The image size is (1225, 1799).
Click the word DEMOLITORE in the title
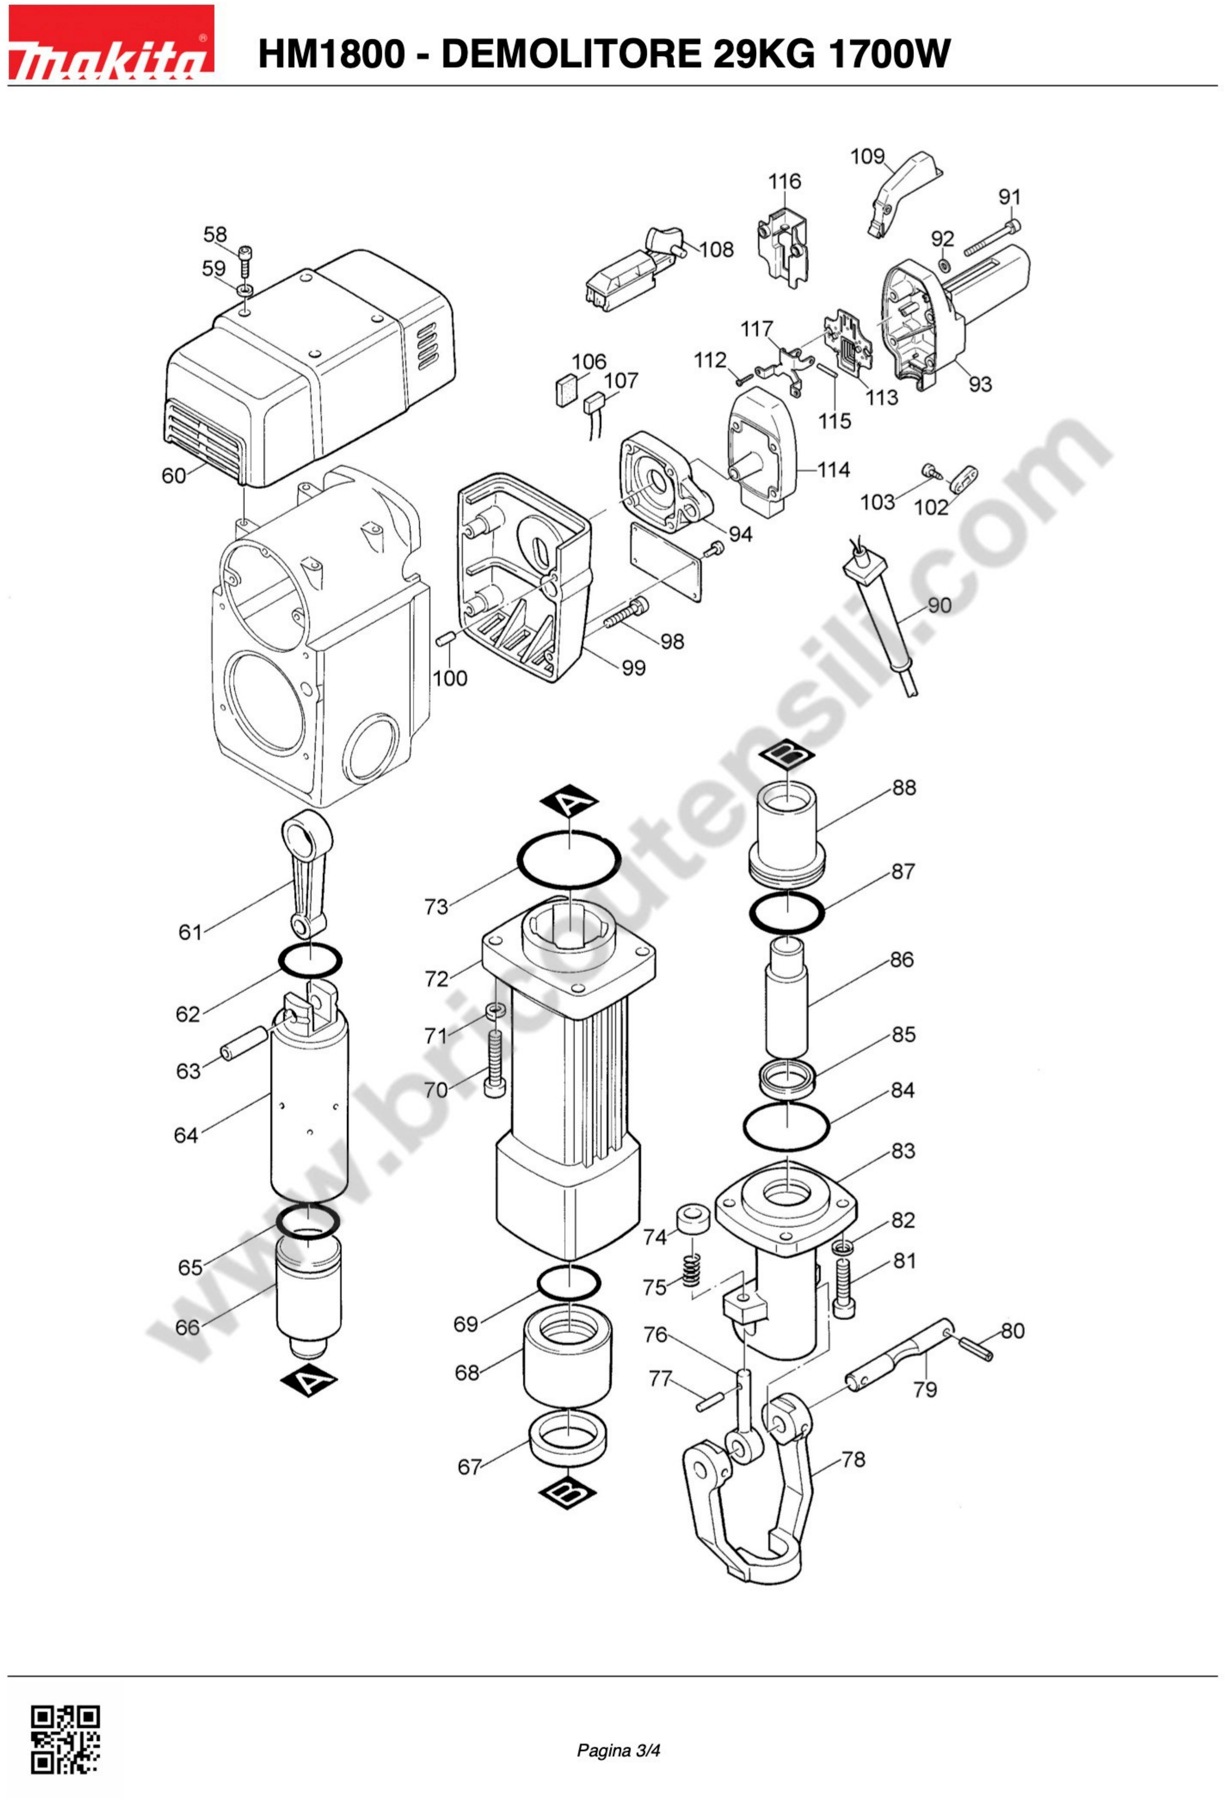[572, 54]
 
